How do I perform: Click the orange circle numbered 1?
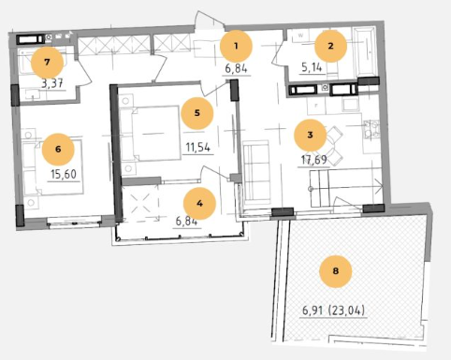coord(236,46)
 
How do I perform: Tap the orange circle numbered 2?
coord(330,46)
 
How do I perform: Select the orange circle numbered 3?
coord(310,135)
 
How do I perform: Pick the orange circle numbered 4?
coord(199,204)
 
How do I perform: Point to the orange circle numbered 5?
coord(197,113)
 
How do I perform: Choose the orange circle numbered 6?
coord(58,149)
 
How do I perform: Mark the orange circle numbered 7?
coord(47,62)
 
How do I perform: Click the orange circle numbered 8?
coord(336,271)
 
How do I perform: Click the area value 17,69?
coord(313,160)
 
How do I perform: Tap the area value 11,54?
coord(198,147)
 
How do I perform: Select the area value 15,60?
coord(64,174)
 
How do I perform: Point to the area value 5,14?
coord(312,67)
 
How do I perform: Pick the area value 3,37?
coord(52,83)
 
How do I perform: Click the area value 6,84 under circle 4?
coord(187,222)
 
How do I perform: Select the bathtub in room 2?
coord(365,52)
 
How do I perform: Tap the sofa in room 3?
coord(256,172)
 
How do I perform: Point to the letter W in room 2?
coord(300,36)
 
